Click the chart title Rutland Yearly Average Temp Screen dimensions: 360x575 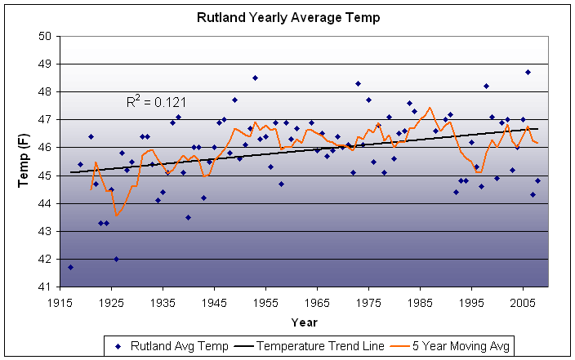pyautogui.click(x=288, y=16)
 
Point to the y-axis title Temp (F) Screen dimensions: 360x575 pyautogui.click(x=24, y=162)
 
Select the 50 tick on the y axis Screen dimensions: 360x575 pyautogui.click(x=45, y=36)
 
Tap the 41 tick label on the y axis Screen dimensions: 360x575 pyautogui.click(x=45, y=287)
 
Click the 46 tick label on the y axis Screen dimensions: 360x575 pyautogui.click(x=45, y=148)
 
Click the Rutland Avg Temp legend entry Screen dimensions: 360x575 pyautogui.click(x=167, y=346)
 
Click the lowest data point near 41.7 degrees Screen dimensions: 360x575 pyautogui.click(x=70, y=267)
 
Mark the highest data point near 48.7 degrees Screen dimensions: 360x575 pyautogui.click(x=528, y=72)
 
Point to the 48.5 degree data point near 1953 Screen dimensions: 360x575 pyautogui.click(x=255, y=78)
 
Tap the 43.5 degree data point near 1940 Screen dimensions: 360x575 pyautogui.click(x=188, y=217)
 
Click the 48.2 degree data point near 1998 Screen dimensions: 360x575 pyautogui.click(x=487, y=86)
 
